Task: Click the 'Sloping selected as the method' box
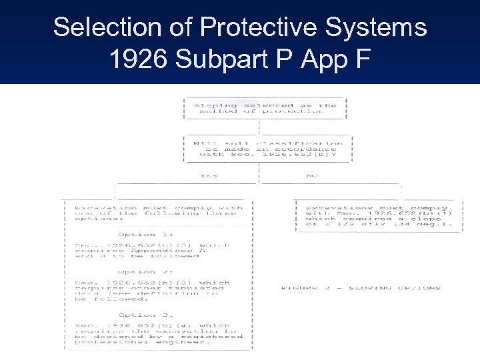click(265, 108)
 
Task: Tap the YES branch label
click(209, 176)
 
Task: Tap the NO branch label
click(311, 176)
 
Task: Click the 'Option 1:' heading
click(137, 235)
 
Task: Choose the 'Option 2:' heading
click(137, 272)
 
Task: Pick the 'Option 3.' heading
click(137, 315)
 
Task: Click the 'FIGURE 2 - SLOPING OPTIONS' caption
click(361, 288)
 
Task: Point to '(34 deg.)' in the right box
click(437, 224)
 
